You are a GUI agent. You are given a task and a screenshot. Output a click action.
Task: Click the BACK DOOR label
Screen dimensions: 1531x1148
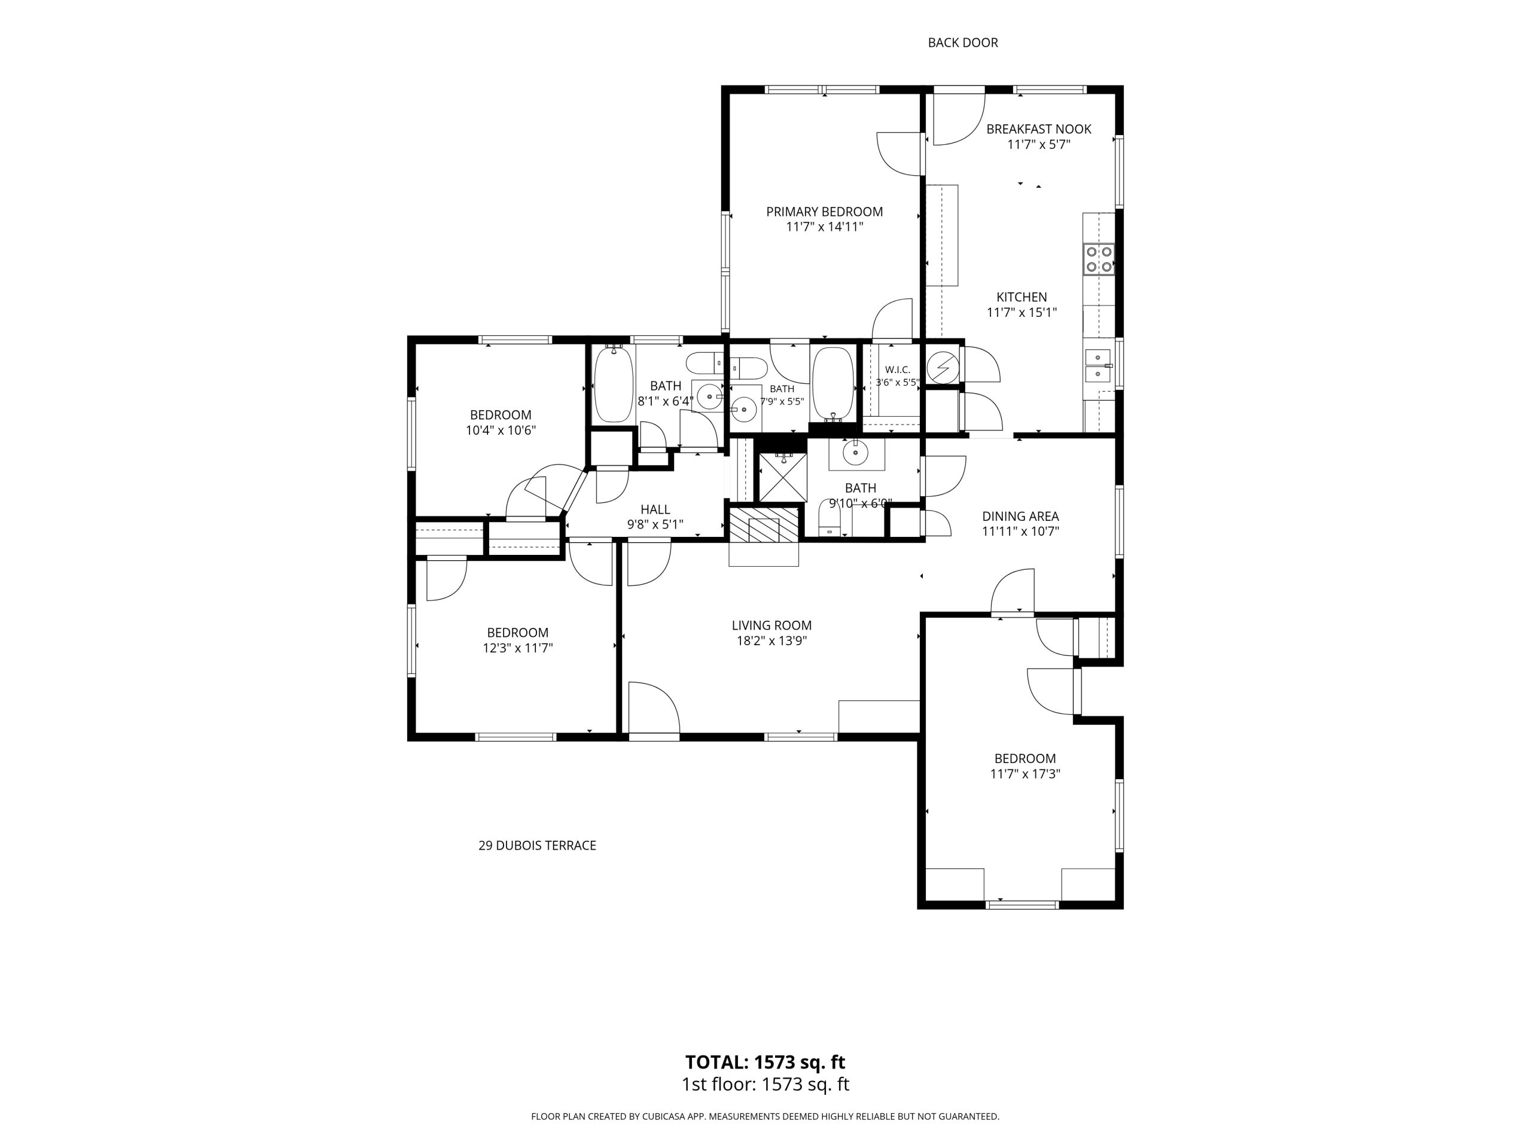click(x=963, y=43)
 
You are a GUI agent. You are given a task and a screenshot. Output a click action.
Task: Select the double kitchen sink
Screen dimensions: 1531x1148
click(x=1098, y=365)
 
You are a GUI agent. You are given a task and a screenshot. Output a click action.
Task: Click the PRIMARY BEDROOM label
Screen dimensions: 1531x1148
click(x=824, y=212)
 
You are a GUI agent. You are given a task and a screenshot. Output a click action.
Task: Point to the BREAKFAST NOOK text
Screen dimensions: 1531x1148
click(x=1039, y=129)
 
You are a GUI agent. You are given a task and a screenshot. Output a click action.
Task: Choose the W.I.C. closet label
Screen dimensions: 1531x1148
click(x=898, y=370)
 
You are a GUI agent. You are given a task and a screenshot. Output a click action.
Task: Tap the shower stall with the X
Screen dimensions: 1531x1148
click(x=783, y=477)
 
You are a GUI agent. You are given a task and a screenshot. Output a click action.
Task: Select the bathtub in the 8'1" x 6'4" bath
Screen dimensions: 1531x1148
click(x=614, y=383)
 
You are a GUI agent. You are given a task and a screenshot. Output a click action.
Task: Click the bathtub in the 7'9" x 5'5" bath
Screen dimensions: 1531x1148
click(x=832, y=383)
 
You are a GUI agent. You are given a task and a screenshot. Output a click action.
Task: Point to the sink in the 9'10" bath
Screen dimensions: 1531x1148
click(x=856, y=453)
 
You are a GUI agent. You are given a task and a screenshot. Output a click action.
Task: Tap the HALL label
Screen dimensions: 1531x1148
click(x=655, y=510)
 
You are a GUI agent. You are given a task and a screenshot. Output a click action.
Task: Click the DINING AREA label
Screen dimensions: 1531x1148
click(x=1021, y=516)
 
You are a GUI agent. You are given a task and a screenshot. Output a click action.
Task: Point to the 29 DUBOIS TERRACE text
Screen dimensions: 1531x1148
click(x=537, y=845)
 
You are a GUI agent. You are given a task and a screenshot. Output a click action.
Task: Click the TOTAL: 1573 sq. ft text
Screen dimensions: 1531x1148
click(x=765, y=1062)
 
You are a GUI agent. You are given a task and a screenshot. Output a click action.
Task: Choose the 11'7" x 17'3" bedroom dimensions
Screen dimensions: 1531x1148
click(x=1025, y=774)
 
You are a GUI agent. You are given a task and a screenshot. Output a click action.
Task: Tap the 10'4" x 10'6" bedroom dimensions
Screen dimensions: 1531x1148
click(x=501, y=430)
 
